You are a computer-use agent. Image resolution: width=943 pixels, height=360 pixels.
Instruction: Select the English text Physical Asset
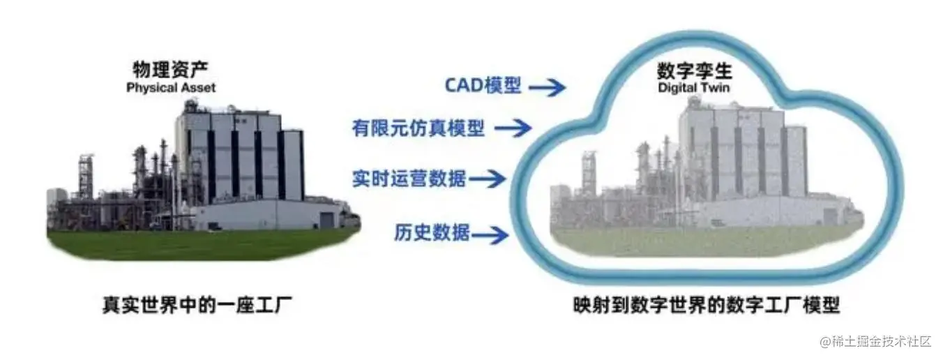tap(171, 88)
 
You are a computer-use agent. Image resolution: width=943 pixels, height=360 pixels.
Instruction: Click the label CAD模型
tap(483, 86)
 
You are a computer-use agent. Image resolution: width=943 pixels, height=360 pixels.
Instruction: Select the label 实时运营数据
tap(409, 179)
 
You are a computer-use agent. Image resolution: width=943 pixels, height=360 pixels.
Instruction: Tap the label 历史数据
tap(432, 232)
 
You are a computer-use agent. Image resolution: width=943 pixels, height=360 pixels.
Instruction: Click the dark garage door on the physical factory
tap(326, 220)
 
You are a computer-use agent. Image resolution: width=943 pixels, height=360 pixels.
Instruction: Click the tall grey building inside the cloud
tap(739, 153)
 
